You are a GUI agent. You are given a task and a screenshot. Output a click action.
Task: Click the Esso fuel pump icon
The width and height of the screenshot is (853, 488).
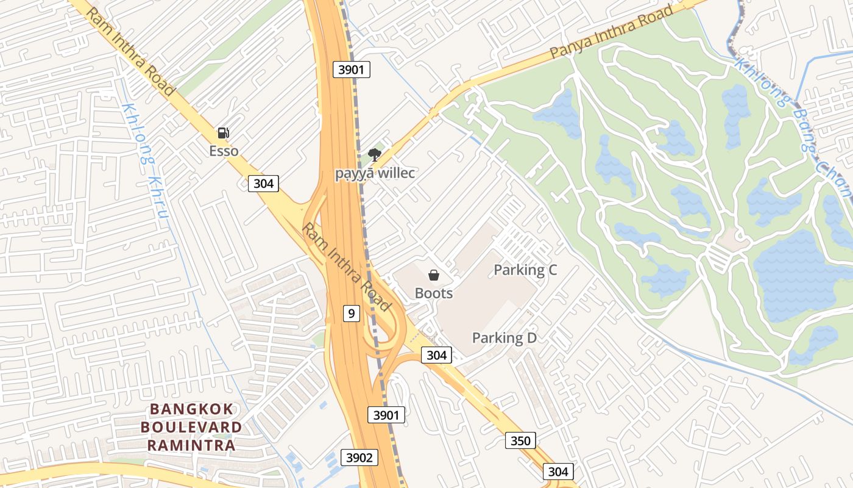coord(224,133)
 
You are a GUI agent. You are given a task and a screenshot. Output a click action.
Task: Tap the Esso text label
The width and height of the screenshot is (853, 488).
coord(224,151)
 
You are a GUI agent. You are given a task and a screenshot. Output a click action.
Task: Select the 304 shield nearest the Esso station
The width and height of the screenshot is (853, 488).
coord(263,183)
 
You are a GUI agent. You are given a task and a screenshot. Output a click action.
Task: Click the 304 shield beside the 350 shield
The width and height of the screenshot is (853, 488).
coord(557,472)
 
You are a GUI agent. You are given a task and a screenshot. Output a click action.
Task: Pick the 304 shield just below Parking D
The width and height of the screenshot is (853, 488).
coord(436,355)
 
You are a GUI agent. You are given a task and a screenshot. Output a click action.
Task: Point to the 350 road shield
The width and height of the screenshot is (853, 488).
coord(520,440)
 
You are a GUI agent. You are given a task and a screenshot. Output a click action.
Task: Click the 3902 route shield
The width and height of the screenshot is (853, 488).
coord(359,457)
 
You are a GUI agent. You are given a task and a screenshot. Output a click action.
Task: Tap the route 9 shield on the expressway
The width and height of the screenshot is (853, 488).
coord(351,314)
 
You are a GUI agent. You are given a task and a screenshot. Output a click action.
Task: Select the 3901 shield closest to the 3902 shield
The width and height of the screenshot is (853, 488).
coord(386,415)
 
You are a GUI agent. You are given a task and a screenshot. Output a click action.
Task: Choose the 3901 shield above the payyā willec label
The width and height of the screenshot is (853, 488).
coord(352,70)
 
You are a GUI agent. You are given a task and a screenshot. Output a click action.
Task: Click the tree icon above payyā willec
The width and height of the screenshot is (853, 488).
coord(375,155)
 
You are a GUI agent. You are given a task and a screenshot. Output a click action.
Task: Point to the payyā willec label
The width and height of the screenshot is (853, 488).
coord(375,173)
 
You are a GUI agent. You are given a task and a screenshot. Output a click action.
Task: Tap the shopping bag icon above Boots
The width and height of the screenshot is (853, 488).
coord(434,275)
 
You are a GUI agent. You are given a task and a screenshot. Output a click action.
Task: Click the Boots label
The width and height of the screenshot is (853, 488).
coord(434,293)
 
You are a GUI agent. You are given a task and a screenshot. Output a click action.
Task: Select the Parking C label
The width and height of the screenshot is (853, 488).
coord(525,270)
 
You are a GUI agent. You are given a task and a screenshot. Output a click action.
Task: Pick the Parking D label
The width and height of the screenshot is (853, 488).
coord(504,338)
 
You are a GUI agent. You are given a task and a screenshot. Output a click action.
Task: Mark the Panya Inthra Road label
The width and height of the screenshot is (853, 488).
coord(611,32)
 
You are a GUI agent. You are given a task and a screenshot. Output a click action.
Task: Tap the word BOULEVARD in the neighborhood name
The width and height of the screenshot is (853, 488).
coord(191,427)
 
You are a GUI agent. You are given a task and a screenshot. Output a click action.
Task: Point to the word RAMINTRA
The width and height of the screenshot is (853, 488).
coord(191,445)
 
